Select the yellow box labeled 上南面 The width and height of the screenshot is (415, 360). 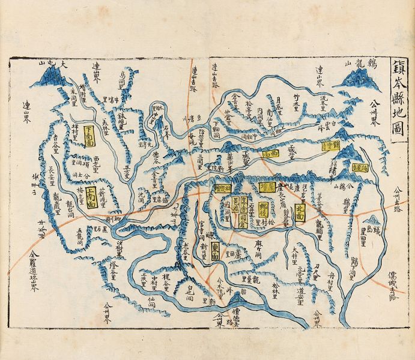(x=92, y=196)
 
